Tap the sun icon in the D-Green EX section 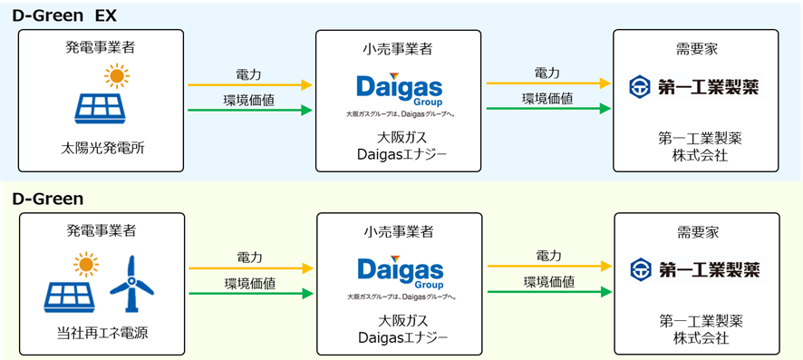tap(116, 74)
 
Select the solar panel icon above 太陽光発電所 tap(102, 106)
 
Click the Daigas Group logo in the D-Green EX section tap(400, 93)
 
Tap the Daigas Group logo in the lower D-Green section tap(400, 276)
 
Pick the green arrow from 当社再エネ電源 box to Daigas tap(248, 294)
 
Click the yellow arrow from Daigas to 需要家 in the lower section tap(548, 267)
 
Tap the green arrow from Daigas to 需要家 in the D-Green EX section tap(547, 110)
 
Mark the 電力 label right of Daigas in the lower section tap(548, 255)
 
